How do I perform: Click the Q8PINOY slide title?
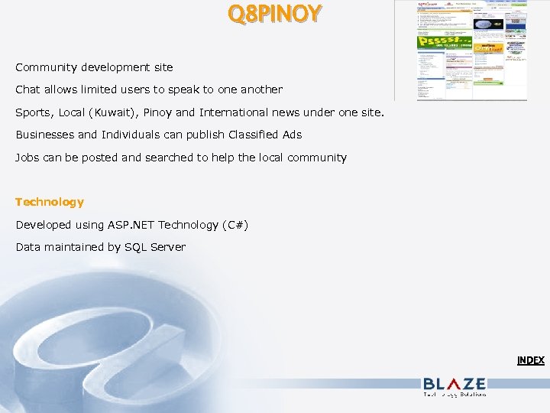(274, 14)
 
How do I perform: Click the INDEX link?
(530, 360)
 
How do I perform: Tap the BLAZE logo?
(454, 385)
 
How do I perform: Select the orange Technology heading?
(50, 202)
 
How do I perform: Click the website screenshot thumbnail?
(471, 50)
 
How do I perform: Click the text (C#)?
(235, 225)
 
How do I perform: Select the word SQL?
(136, 247)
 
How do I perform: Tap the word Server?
(168, 247)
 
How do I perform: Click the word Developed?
(44, 225)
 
